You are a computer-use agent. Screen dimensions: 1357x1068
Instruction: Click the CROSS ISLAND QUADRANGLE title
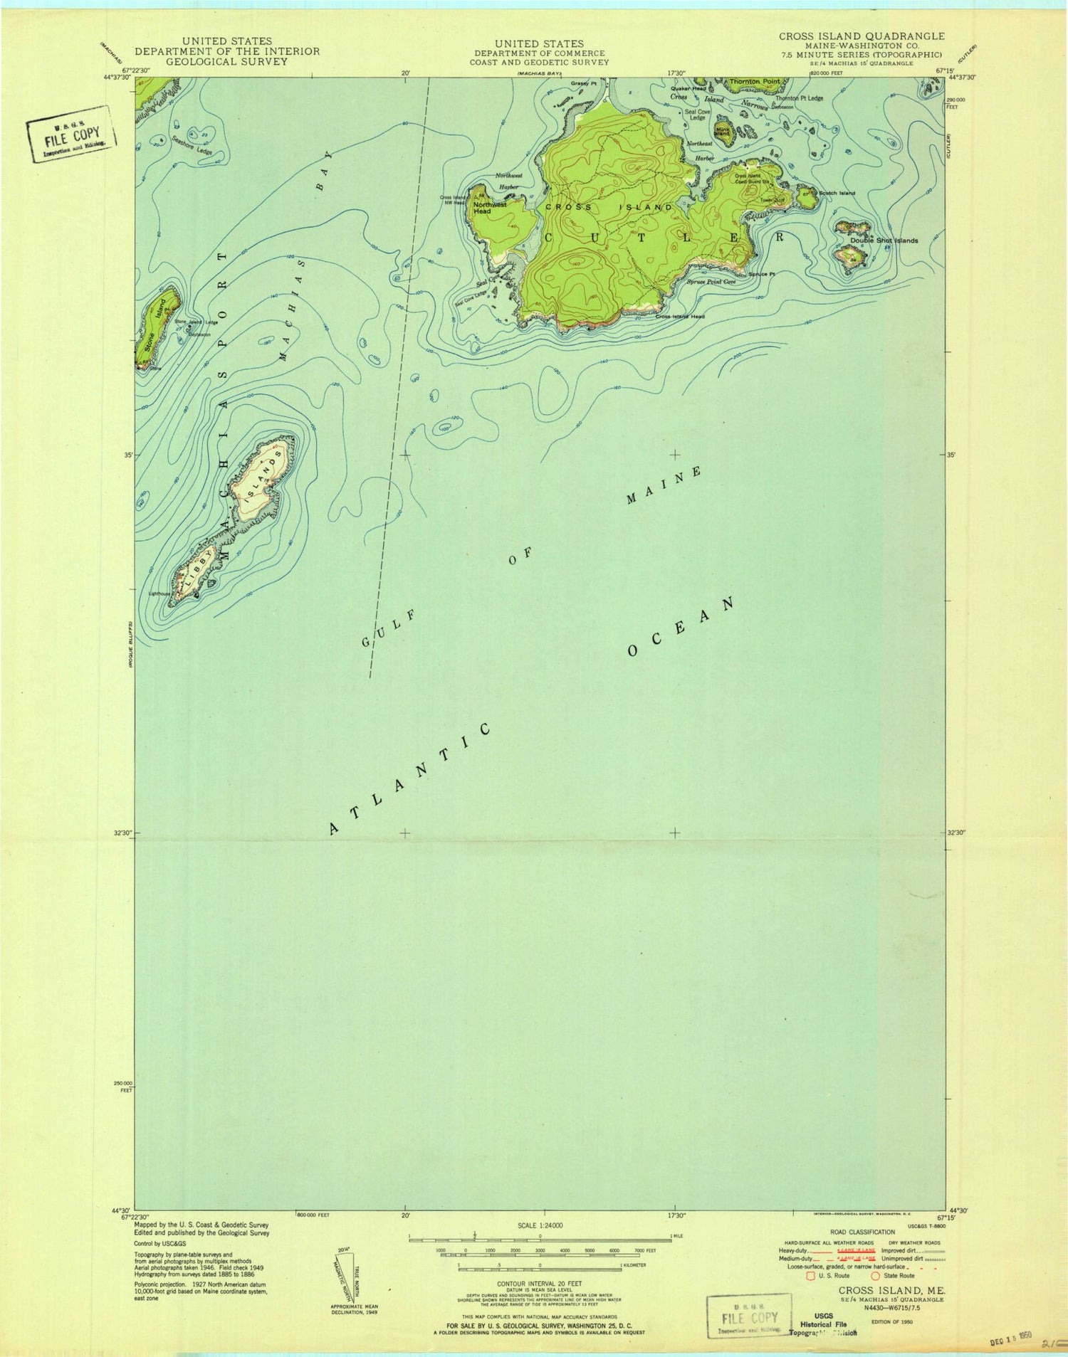[862, 36]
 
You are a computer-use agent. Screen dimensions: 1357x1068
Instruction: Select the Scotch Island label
[837, 194]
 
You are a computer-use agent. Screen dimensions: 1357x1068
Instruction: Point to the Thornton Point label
[754, 82]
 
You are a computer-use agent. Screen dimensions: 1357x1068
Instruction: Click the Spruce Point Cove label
[711, 282]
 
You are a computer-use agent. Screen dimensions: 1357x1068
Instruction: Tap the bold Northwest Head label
[490, 208]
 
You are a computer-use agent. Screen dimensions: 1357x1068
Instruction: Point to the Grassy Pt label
[583, 84]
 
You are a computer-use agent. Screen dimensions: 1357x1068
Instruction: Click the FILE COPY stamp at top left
[71, 134]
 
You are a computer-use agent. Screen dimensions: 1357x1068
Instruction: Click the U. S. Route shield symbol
[810, 1275]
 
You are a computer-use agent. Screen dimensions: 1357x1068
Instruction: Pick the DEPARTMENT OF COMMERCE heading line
[540, 53]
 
